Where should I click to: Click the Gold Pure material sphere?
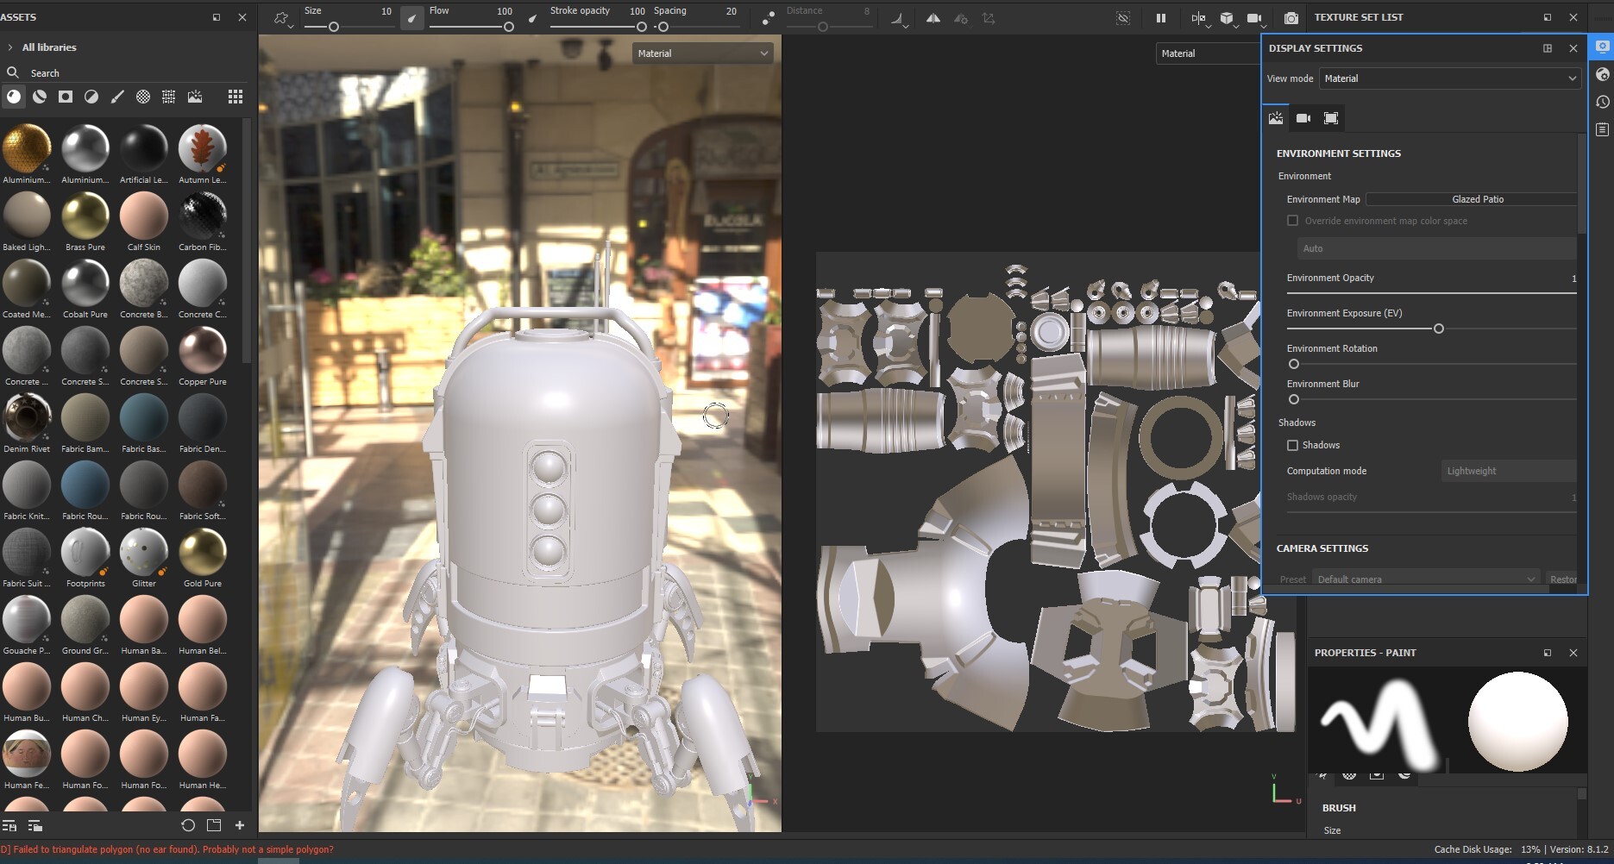203,552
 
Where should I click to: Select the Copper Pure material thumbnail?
203,350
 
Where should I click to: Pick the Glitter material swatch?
144,552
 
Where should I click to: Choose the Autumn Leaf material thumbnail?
203,148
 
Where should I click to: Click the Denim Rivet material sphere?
27,417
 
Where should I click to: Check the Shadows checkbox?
1292,445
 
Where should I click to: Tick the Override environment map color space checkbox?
1292,221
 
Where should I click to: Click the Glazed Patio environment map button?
1476,199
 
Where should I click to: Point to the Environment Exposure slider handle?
1438,329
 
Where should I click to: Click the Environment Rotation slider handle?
1293,364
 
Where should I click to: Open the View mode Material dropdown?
1449,78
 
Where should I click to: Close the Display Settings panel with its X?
1573,48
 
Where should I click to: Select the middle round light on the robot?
549,510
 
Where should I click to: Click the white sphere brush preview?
1517,722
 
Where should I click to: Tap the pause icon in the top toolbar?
1160,17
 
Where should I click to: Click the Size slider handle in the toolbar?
333,27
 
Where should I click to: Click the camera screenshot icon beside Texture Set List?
1291,17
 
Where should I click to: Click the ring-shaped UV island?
1180,437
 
